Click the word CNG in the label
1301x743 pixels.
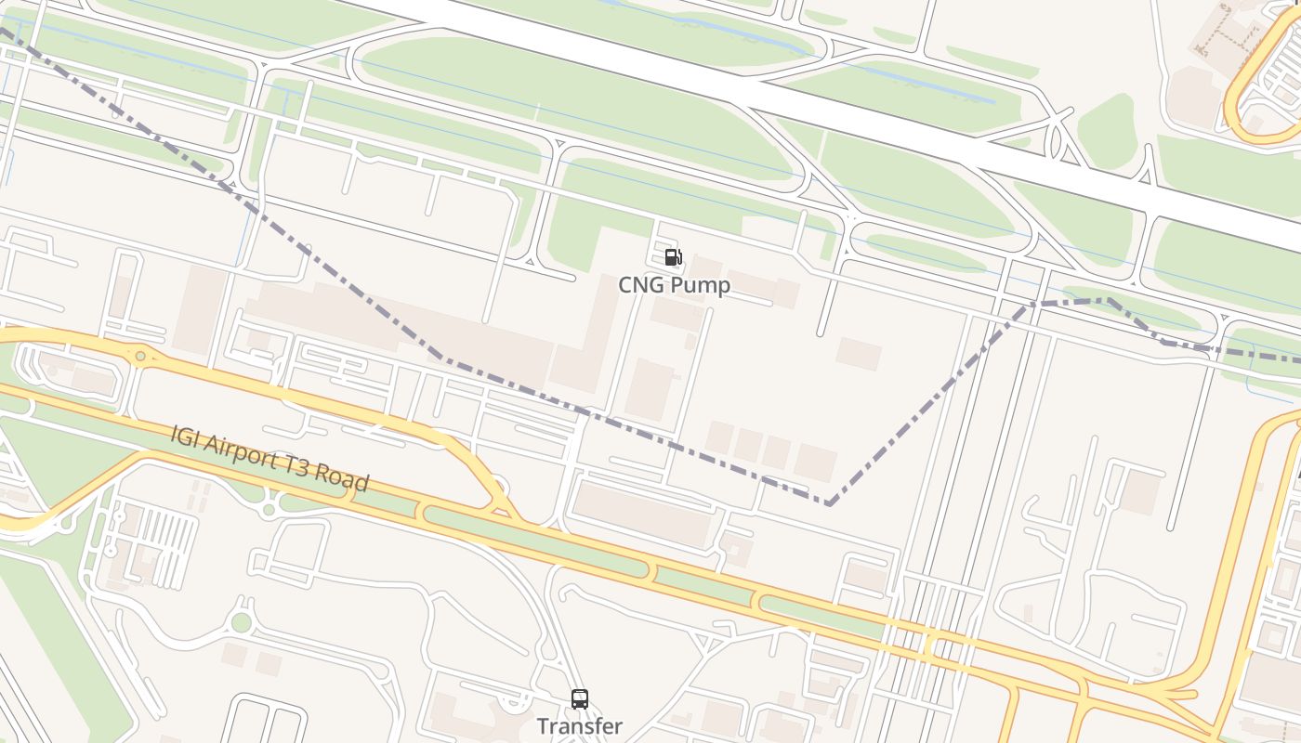coord(640,285)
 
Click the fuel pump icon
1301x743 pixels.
coord(673,257)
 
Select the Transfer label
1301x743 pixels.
coord(580,726)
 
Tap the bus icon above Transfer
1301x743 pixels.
coord(580,698)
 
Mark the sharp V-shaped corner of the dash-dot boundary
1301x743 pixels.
coord(828,503)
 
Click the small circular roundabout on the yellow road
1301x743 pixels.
coord(140,356)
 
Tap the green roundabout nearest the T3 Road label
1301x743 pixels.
coord(270,509)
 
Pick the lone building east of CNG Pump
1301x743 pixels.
coord(859,354)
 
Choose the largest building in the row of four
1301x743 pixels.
coord(815,462)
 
